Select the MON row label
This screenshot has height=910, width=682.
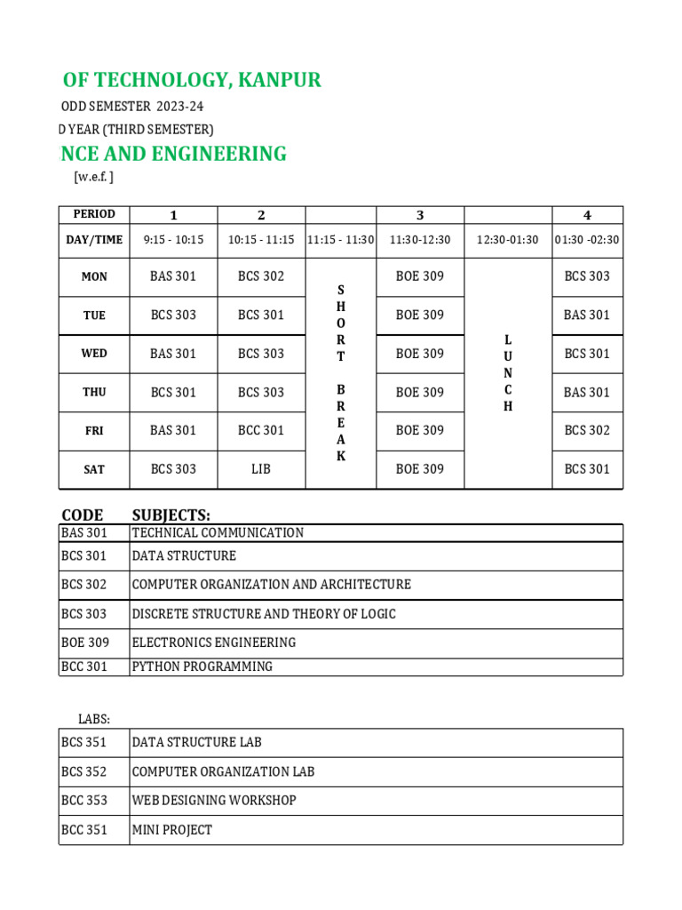click(94, 276)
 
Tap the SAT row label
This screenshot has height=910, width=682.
click(94, 469)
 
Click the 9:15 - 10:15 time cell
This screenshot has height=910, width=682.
click(173, 240)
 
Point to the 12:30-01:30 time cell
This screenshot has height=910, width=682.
click(508, 240)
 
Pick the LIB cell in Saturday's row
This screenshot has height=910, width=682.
click(261, 468)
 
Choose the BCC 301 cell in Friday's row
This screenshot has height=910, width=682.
click(261, 430)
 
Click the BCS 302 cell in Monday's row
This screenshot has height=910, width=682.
click(261, 276)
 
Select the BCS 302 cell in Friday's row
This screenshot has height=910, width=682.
click(587, 430)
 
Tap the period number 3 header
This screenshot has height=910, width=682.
click(420, 215)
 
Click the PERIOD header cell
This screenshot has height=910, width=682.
click(94, 214)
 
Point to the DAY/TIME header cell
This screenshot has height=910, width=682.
click(94, 240)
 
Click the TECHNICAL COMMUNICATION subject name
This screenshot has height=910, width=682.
click(218, 533)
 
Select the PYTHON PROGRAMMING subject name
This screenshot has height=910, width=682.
click(202, 667)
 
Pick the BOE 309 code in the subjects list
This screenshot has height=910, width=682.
click(85, 643)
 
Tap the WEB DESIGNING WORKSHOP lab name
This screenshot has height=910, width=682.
click(214, 801)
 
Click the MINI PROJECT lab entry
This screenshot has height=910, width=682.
click(172, 830)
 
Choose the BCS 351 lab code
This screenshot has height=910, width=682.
click(84, 742)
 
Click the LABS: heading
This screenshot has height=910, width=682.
click(94, 719)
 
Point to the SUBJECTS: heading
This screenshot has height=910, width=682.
click(171, 515)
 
